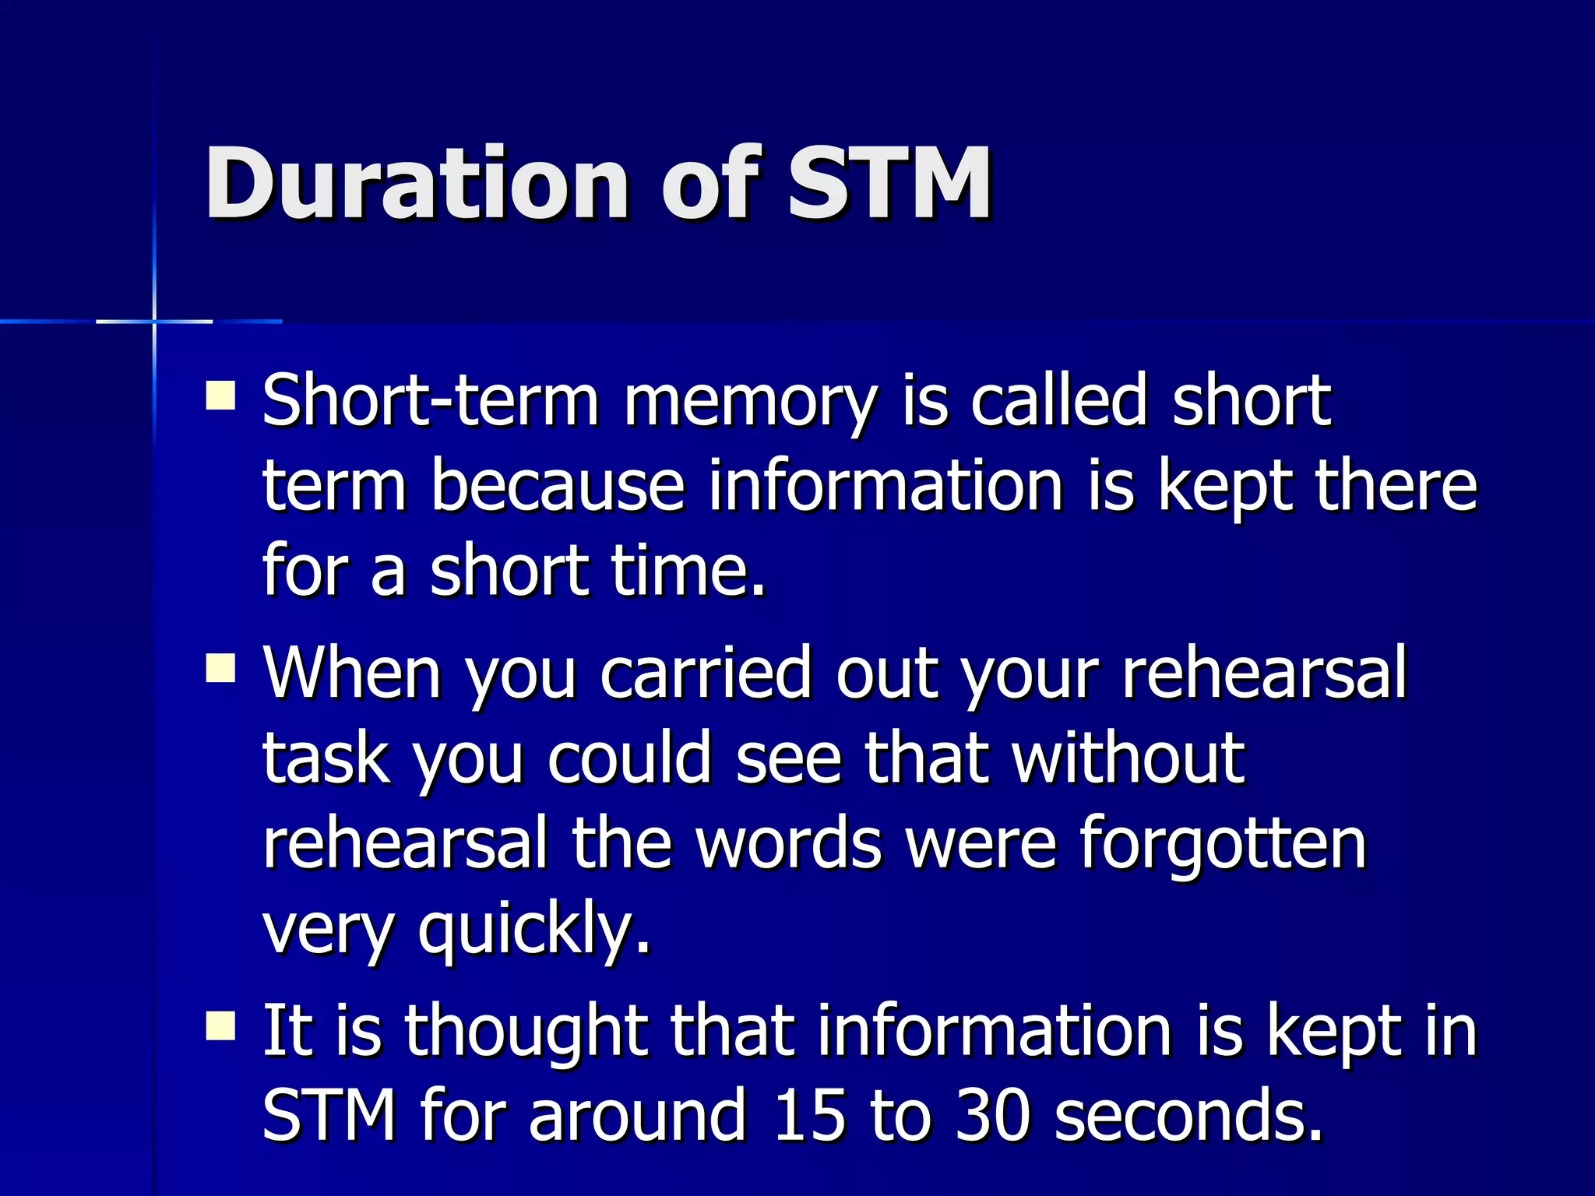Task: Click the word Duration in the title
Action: click(416, 185)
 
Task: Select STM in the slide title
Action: click(889, 185)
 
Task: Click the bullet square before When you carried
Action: click(220, 668)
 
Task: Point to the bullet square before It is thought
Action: click(220, 1025)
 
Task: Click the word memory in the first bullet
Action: click(750, 403)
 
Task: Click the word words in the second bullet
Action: click(788, 845)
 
